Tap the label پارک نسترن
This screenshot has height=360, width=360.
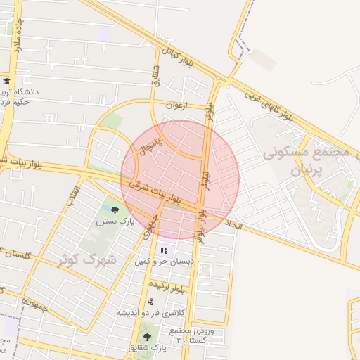(115, 221)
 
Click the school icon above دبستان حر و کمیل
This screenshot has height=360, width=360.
(164, 250)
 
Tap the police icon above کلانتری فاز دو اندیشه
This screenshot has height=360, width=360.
(149, 302)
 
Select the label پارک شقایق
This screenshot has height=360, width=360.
(147, 348)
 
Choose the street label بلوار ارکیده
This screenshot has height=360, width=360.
(171, 288)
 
